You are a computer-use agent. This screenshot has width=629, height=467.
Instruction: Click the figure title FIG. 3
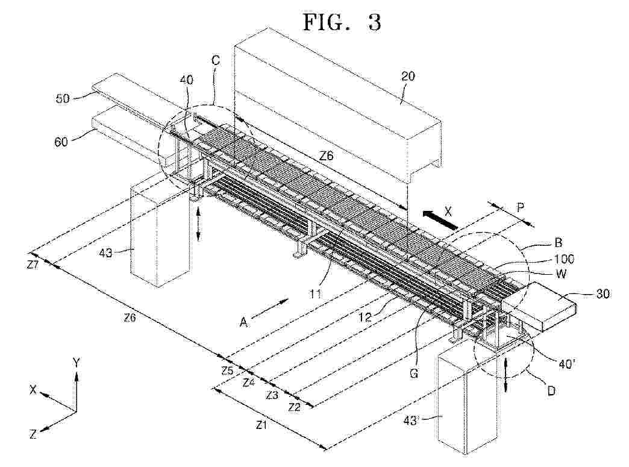342,22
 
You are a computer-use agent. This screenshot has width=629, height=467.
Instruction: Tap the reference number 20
407,76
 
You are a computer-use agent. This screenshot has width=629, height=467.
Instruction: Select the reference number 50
62,98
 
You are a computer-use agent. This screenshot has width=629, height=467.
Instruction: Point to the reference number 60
61,141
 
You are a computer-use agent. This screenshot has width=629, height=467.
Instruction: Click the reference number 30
603,293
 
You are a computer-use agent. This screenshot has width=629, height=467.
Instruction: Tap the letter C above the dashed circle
216,60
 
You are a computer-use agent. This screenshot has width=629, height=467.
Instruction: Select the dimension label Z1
261,425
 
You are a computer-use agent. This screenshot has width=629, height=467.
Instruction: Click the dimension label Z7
34,265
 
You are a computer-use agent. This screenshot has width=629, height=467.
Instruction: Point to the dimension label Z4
249,382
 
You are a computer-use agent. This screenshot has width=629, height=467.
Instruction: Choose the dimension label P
521,208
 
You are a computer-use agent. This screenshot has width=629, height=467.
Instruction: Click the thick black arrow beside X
440,219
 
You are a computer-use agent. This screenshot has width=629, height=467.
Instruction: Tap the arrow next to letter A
269,308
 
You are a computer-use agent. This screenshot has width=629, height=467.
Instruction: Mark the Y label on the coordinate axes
77,363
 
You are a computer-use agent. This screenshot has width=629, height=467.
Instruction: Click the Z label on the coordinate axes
33,434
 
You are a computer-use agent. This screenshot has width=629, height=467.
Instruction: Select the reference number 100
564,259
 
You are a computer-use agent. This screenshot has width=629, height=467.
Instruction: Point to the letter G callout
413,374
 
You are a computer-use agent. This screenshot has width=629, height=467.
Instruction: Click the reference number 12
366,317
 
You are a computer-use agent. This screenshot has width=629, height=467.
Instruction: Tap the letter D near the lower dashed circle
551,390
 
